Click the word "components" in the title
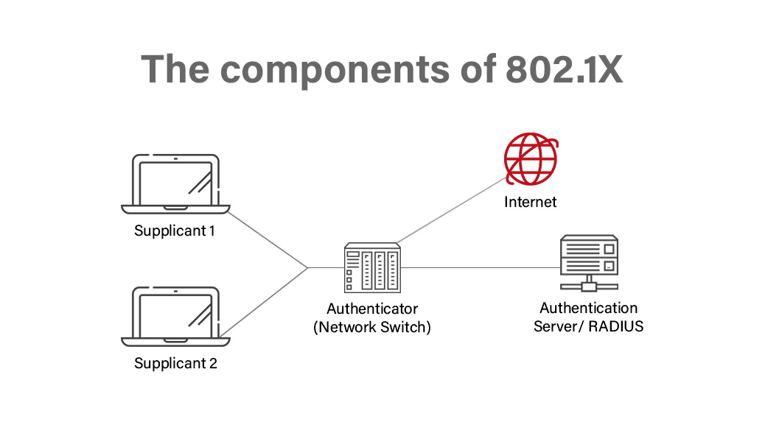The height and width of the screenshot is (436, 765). click(x=329, y=68)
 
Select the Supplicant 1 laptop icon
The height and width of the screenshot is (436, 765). click(x=175, y=183)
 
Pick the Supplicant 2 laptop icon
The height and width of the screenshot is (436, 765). click(x=175, y=315)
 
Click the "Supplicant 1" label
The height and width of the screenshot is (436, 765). click(x=175, y=231)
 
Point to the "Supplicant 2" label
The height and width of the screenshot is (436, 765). click(x=175, y=364)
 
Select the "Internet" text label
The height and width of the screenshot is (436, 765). click(x=530, y=202)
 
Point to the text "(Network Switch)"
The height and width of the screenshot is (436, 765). click(x=372, y=327)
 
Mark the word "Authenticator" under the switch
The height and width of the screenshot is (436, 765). click(x=372, y=309)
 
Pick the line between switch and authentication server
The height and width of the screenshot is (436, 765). click(x=479, y=267)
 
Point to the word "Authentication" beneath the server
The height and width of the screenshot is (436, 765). click(x=588, y=308)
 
